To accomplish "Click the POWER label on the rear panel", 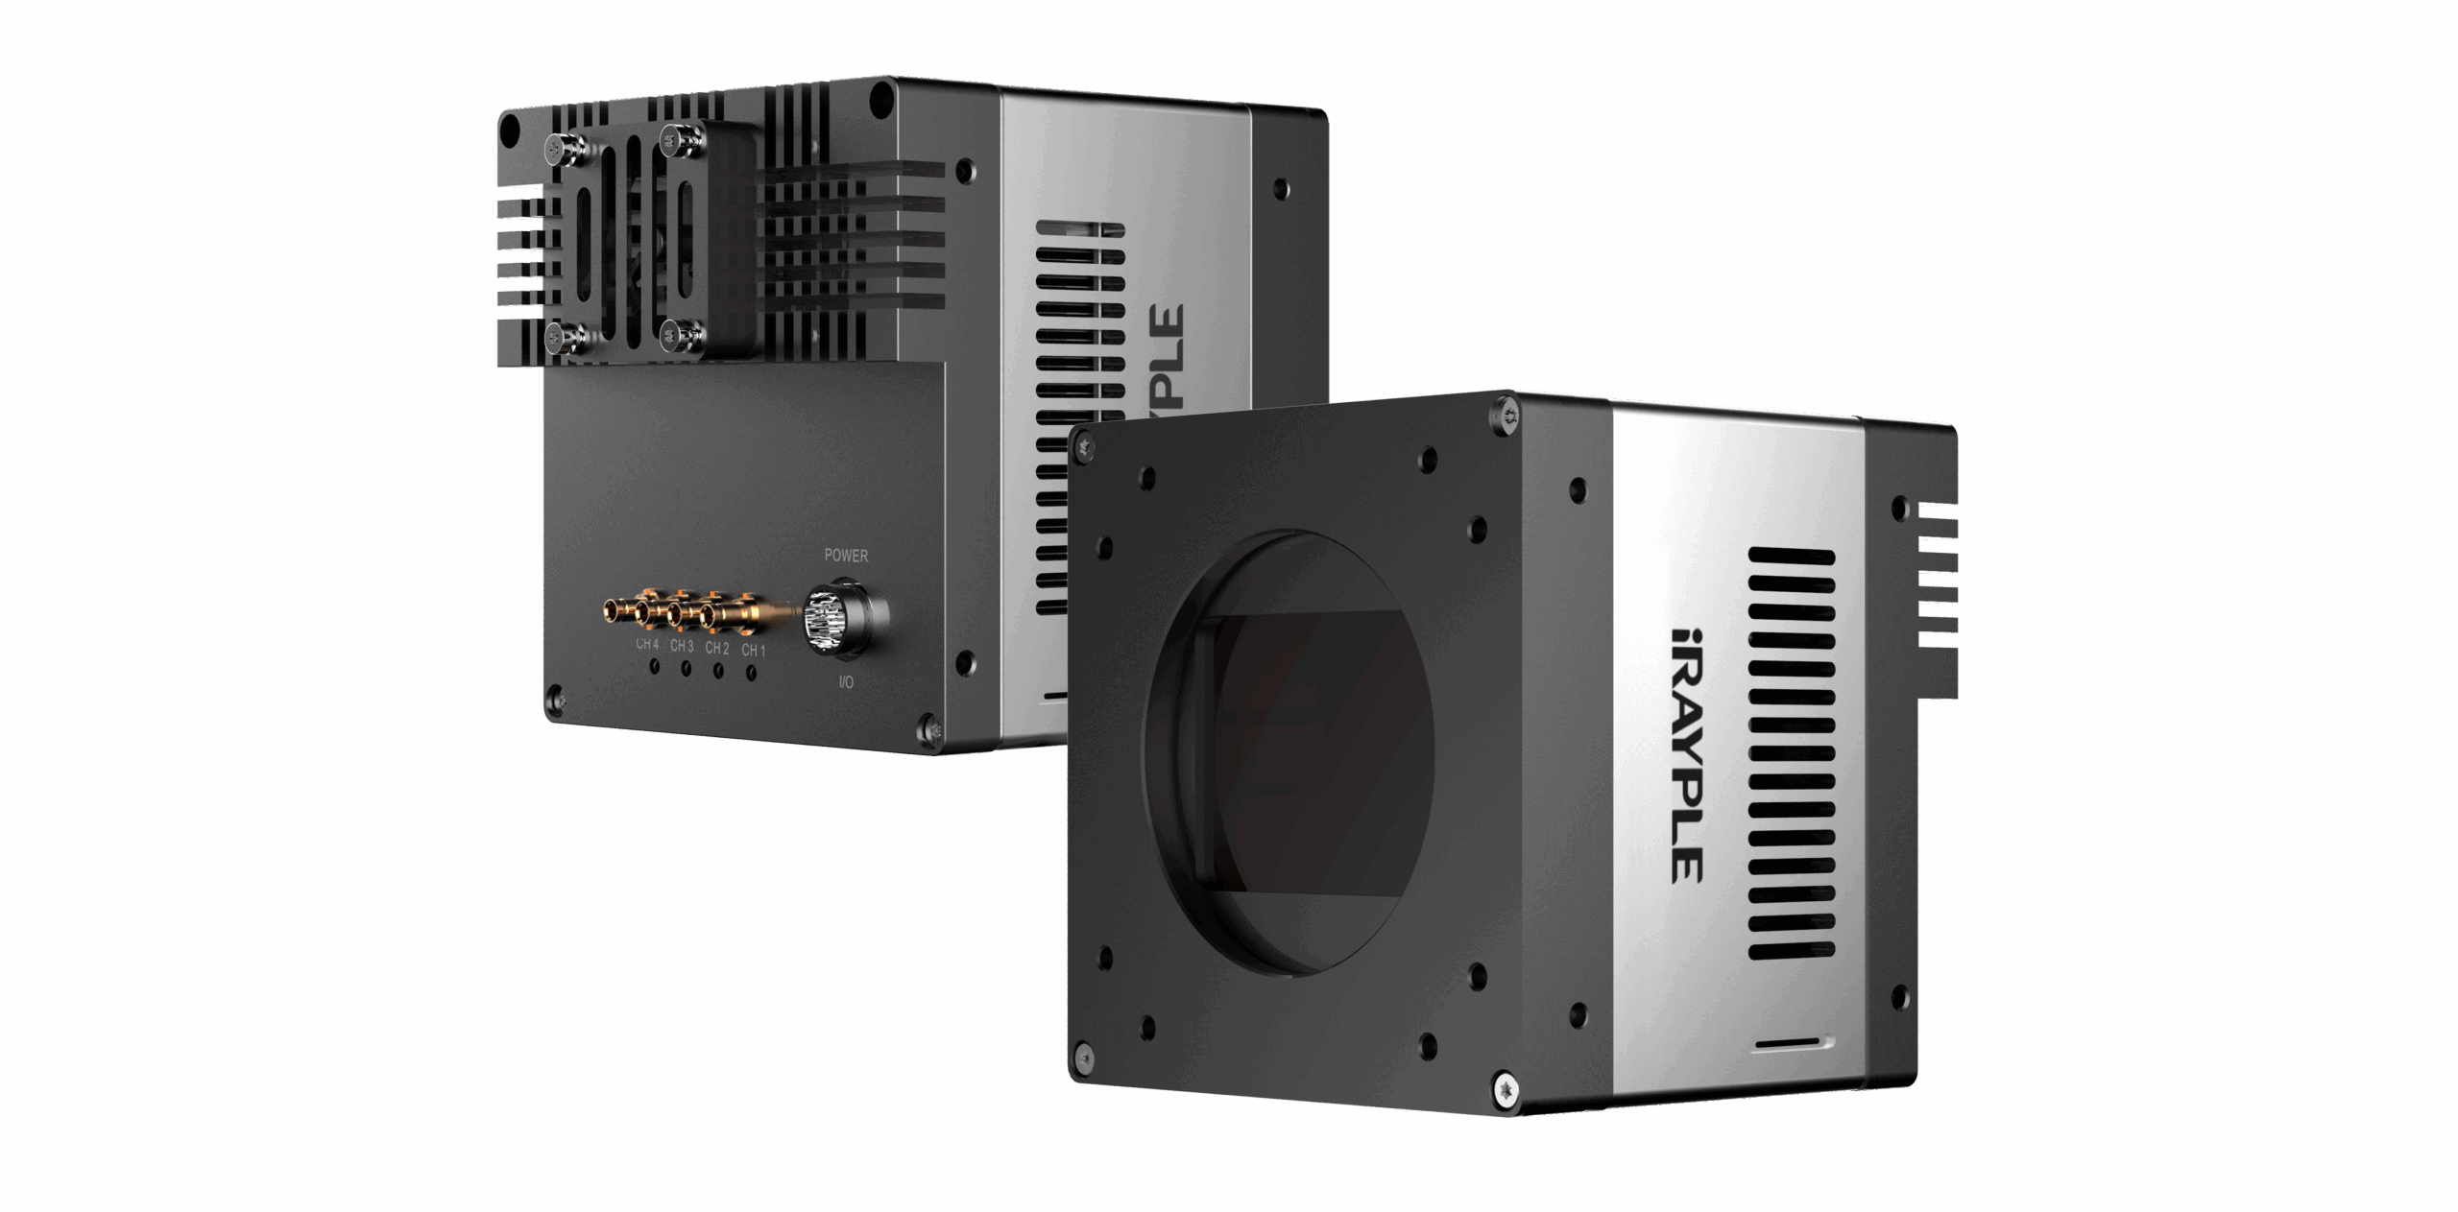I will pos(845,555).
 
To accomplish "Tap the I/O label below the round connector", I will pos(846,683).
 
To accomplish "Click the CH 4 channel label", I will pos(647,644).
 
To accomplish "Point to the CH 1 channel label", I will pos(753,651).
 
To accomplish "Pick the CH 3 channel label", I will pos(682,646).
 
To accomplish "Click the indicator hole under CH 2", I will pos(717,670).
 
